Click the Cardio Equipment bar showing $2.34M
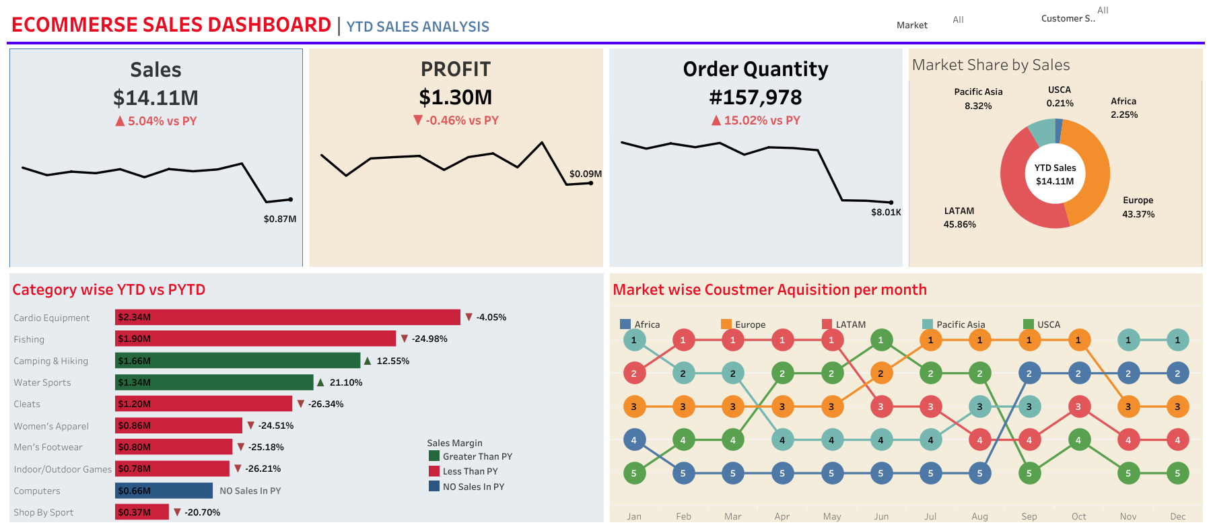[287, 317]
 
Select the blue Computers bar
[164, 491]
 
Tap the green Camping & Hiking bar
[238, 361]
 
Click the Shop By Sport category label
[44, 512]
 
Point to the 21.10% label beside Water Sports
[345, 382]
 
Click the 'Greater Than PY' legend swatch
[434, 456]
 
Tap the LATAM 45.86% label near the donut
[959, 217]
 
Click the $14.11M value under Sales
[155, 98]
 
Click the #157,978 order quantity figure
[755, 98]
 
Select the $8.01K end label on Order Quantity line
[885, 212]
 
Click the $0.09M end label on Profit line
[585, 174]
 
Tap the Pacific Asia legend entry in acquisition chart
[960, 324]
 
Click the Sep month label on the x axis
[1029, 516]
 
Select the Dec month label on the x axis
[1177, 516]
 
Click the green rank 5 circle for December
[1177, 473]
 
